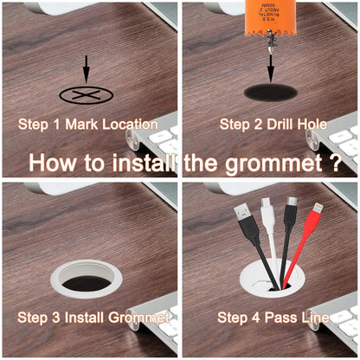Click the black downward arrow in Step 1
click(x=86, y=69)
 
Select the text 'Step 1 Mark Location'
click(x=88, y=125)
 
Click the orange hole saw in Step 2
click(x=269, y=18)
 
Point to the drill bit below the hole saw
click(x=270, y=61)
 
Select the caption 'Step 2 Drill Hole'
click(x=273, y=125)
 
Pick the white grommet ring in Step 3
click(x=86, y=279)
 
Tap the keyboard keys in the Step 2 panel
click(x=341, y=142)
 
